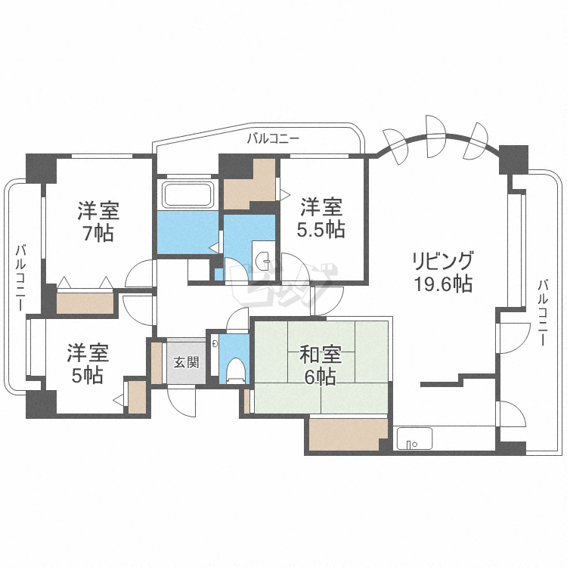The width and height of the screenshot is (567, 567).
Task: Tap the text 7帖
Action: click(98, 233)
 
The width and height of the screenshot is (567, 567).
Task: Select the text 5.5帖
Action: click(322, 228)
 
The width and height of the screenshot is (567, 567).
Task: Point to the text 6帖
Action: click(321, 376)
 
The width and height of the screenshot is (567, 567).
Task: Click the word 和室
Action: click(321, 354)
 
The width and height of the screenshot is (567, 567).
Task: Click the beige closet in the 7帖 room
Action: click(85, 301)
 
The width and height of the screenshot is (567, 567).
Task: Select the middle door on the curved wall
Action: click(435, 125)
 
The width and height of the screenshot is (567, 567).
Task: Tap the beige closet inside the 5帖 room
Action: click(137, 396)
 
